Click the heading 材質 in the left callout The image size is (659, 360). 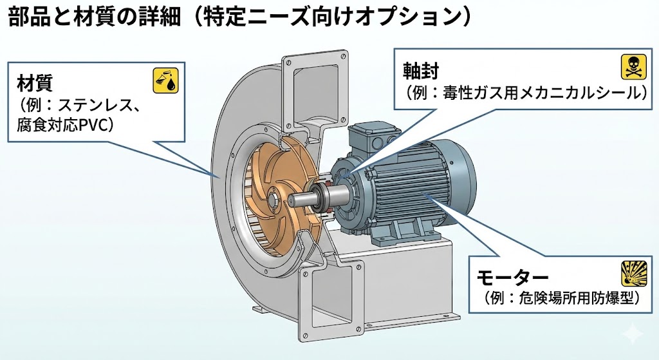pyautogui.click(x=35, y=83)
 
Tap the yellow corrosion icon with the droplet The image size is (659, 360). pyautogui.click(x=165, y=81)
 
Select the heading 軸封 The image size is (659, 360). pyautogui.click(x=421, y=71)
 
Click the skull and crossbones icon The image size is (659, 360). pyautogui.click(x=633, y=67)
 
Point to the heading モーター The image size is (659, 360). pyautogui.click(x=512, y=278)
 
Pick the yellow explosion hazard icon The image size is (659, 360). pyautogui.click(x=633, y=273)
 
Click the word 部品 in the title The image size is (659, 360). pyautogui.click(x=28, y=17)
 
